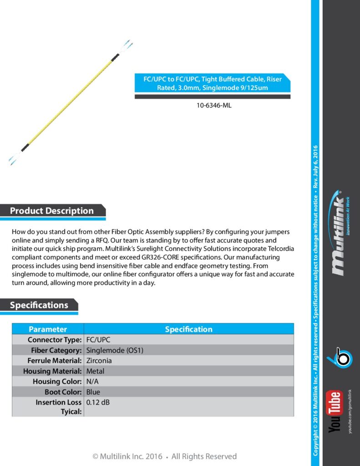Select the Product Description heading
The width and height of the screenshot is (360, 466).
pyautogui.click(x=52, y=211)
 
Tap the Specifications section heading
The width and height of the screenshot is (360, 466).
pyautogui.click(x=39, y=305)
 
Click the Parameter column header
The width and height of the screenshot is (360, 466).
pyautogui.click(x=48, y=329)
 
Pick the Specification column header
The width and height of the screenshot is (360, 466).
pyautogui.click(x=188, y=329)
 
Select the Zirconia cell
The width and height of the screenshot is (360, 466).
pyautogui.click(x=99, y=361)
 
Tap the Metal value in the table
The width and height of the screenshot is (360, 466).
pyautogui.click(x=95, y=371)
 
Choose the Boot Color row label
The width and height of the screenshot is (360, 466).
pyautogui.click(x=63, y=392)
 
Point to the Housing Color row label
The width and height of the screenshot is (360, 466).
pyautogui.click(x=57, y=381)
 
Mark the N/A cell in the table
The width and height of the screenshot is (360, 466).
pyautogui.click(x=92, y=381)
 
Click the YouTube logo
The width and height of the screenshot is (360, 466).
pyautogui.click(x=335, y=412)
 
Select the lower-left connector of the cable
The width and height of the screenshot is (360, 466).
pyautogui.click(x=14, y=159)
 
